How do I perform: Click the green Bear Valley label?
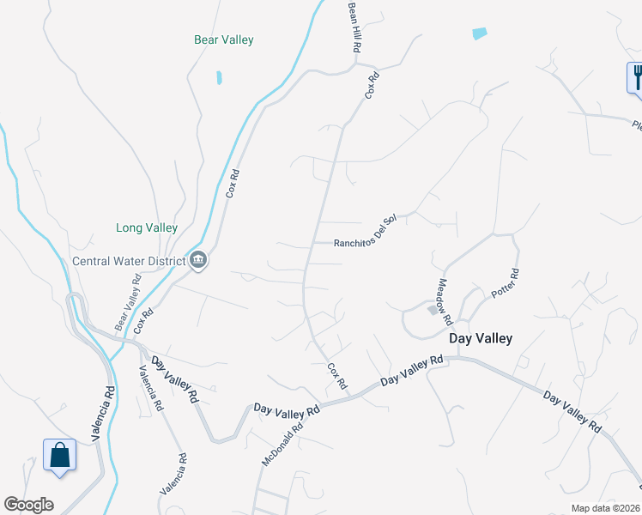[223, 39]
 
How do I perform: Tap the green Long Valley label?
[147, 227]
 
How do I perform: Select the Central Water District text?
[129, 261]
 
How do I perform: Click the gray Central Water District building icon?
[198, 259]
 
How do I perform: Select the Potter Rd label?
[506, 283]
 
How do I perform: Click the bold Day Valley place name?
[481, 338]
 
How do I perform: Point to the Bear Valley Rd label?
[128, 303]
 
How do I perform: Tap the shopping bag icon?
[59, 454]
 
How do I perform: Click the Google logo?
[28, 505]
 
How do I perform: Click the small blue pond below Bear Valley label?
[220, 77]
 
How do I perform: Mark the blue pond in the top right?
[479, 33]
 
